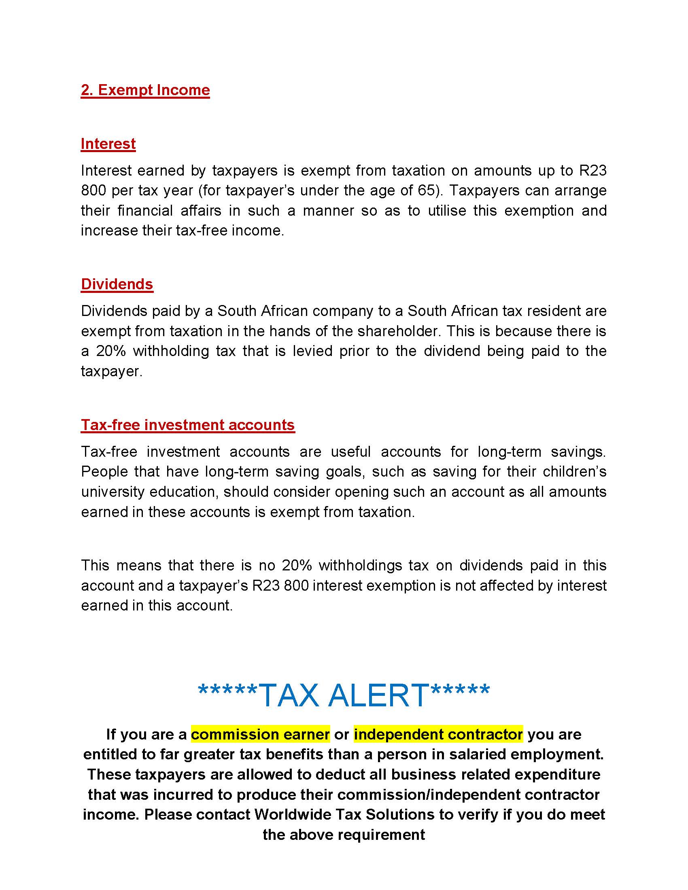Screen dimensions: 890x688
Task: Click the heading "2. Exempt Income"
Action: click(145, 90)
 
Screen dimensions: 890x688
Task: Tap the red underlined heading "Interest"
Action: click(108, 144)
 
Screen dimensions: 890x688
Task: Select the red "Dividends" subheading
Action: click(117, 284)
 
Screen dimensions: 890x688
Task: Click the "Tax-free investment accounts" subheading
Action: click(187, 425)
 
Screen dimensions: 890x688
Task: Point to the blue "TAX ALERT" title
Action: click(344, 695)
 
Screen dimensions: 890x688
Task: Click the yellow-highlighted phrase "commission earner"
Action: click(260, 734)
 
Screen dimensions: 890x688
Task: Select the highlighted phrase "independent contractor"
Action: click(438, 734)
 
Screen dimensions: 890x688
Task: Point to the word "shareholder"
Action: click(399, 331)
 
